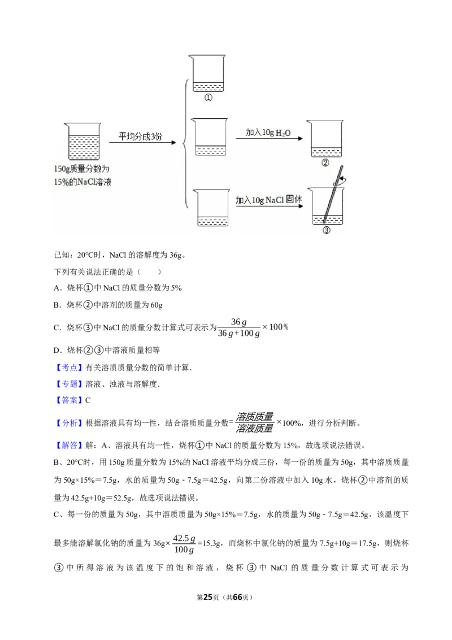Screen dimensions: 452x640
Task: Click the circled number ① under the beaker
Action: pyautogui.click(x=208, y=97)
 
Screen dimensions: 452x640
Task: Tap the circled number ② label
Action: pyautogui.click(x=325, y=163)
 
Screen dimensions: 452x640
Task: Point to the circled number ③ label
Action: pyautogui.click(x=326, y=230)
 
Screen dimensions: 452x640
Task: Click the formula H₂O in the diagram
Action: pyautogui.click(x=283, y=132)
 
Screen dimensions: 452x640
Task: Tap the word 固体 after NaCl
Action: pyautogui.click(x=294, y=199)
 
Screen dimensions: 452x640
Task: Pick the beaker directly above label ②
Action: pyautogui.click(x=326, y=139)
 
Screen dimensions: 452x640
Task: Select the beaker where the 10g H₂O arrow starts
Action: pyautogui.click(x=210, y=136)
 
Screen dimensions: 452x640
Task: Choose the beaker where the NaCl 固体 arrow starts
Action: pyautogui.click(x=212, y=207)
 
